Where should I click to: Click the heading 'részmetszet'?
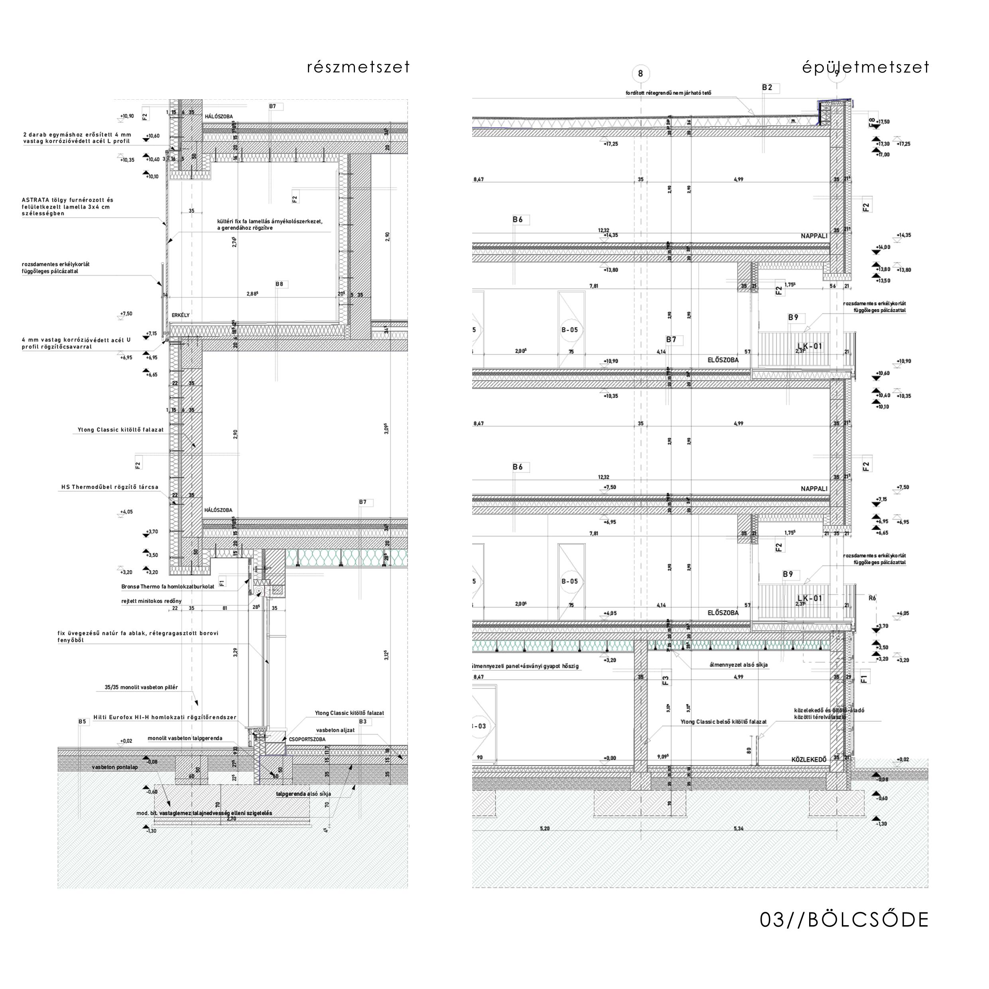tap(359, 67)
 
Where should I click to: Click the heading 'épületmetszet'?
tap(865, 67)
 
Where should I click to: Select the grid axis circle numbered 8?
tap(640, 74)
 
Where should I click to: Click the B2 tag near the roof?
tap(767, 88)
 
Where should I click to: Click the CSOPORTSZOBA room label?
tap(307, 739)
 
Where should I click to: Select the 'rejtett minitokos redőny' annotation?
tap(152, 601)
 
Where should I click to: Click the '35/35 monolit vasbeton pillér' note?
tap(141, 688)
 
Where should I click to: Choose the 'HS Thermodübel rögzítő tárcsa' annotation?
tap(110, 487)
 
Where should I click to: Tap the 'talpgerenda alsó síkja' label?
tap(303, 794)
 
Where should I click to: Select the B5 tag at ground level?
tap(83, 722)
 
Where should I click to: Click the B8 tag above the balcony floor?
tap(279, 284)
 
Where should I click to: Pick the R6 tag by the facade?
tap(872, 598)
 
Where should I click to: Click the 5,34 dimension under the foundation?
tap(739, 828)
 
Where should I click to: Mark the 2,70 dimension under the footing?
tap(231, 819)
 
